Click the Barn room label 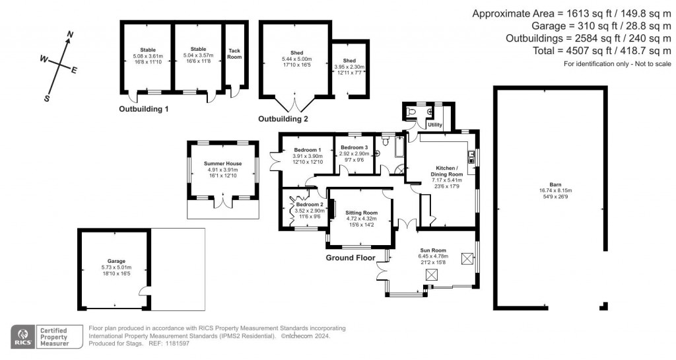tap(550, 187)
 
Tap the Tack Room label tap(234, 54)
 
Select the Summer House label tap(222, 163)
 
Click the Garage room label tap(116, 261)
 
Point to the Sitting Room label tap(361, 213)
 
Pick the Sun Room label tap(434, 250)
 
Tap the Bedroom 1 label tap(307, 150)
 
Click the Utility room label tap(434, 124)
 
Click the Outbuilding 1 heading tap(144, 108)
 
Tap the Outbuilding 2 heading tap(283, 120)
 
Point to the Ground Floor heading tap(351, 258)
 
